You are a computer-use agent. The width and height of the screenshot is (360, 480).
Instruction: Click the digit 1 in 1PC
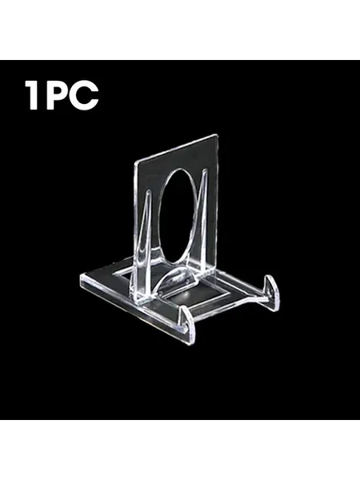[x=33, y=95]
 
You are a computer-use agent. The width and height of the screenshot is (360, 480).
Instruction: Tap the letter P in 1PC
[x=57, y=95]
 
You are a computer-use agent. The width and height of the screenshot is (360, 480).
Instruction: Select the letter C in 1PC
[x=86, y=95]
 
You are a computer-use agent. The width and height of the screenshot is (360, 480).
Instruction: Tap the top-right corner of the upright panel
[x=218, y=135]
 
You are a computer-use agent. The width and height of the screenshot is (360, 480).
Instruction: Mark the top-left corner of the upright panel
[x=134, y=162]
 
